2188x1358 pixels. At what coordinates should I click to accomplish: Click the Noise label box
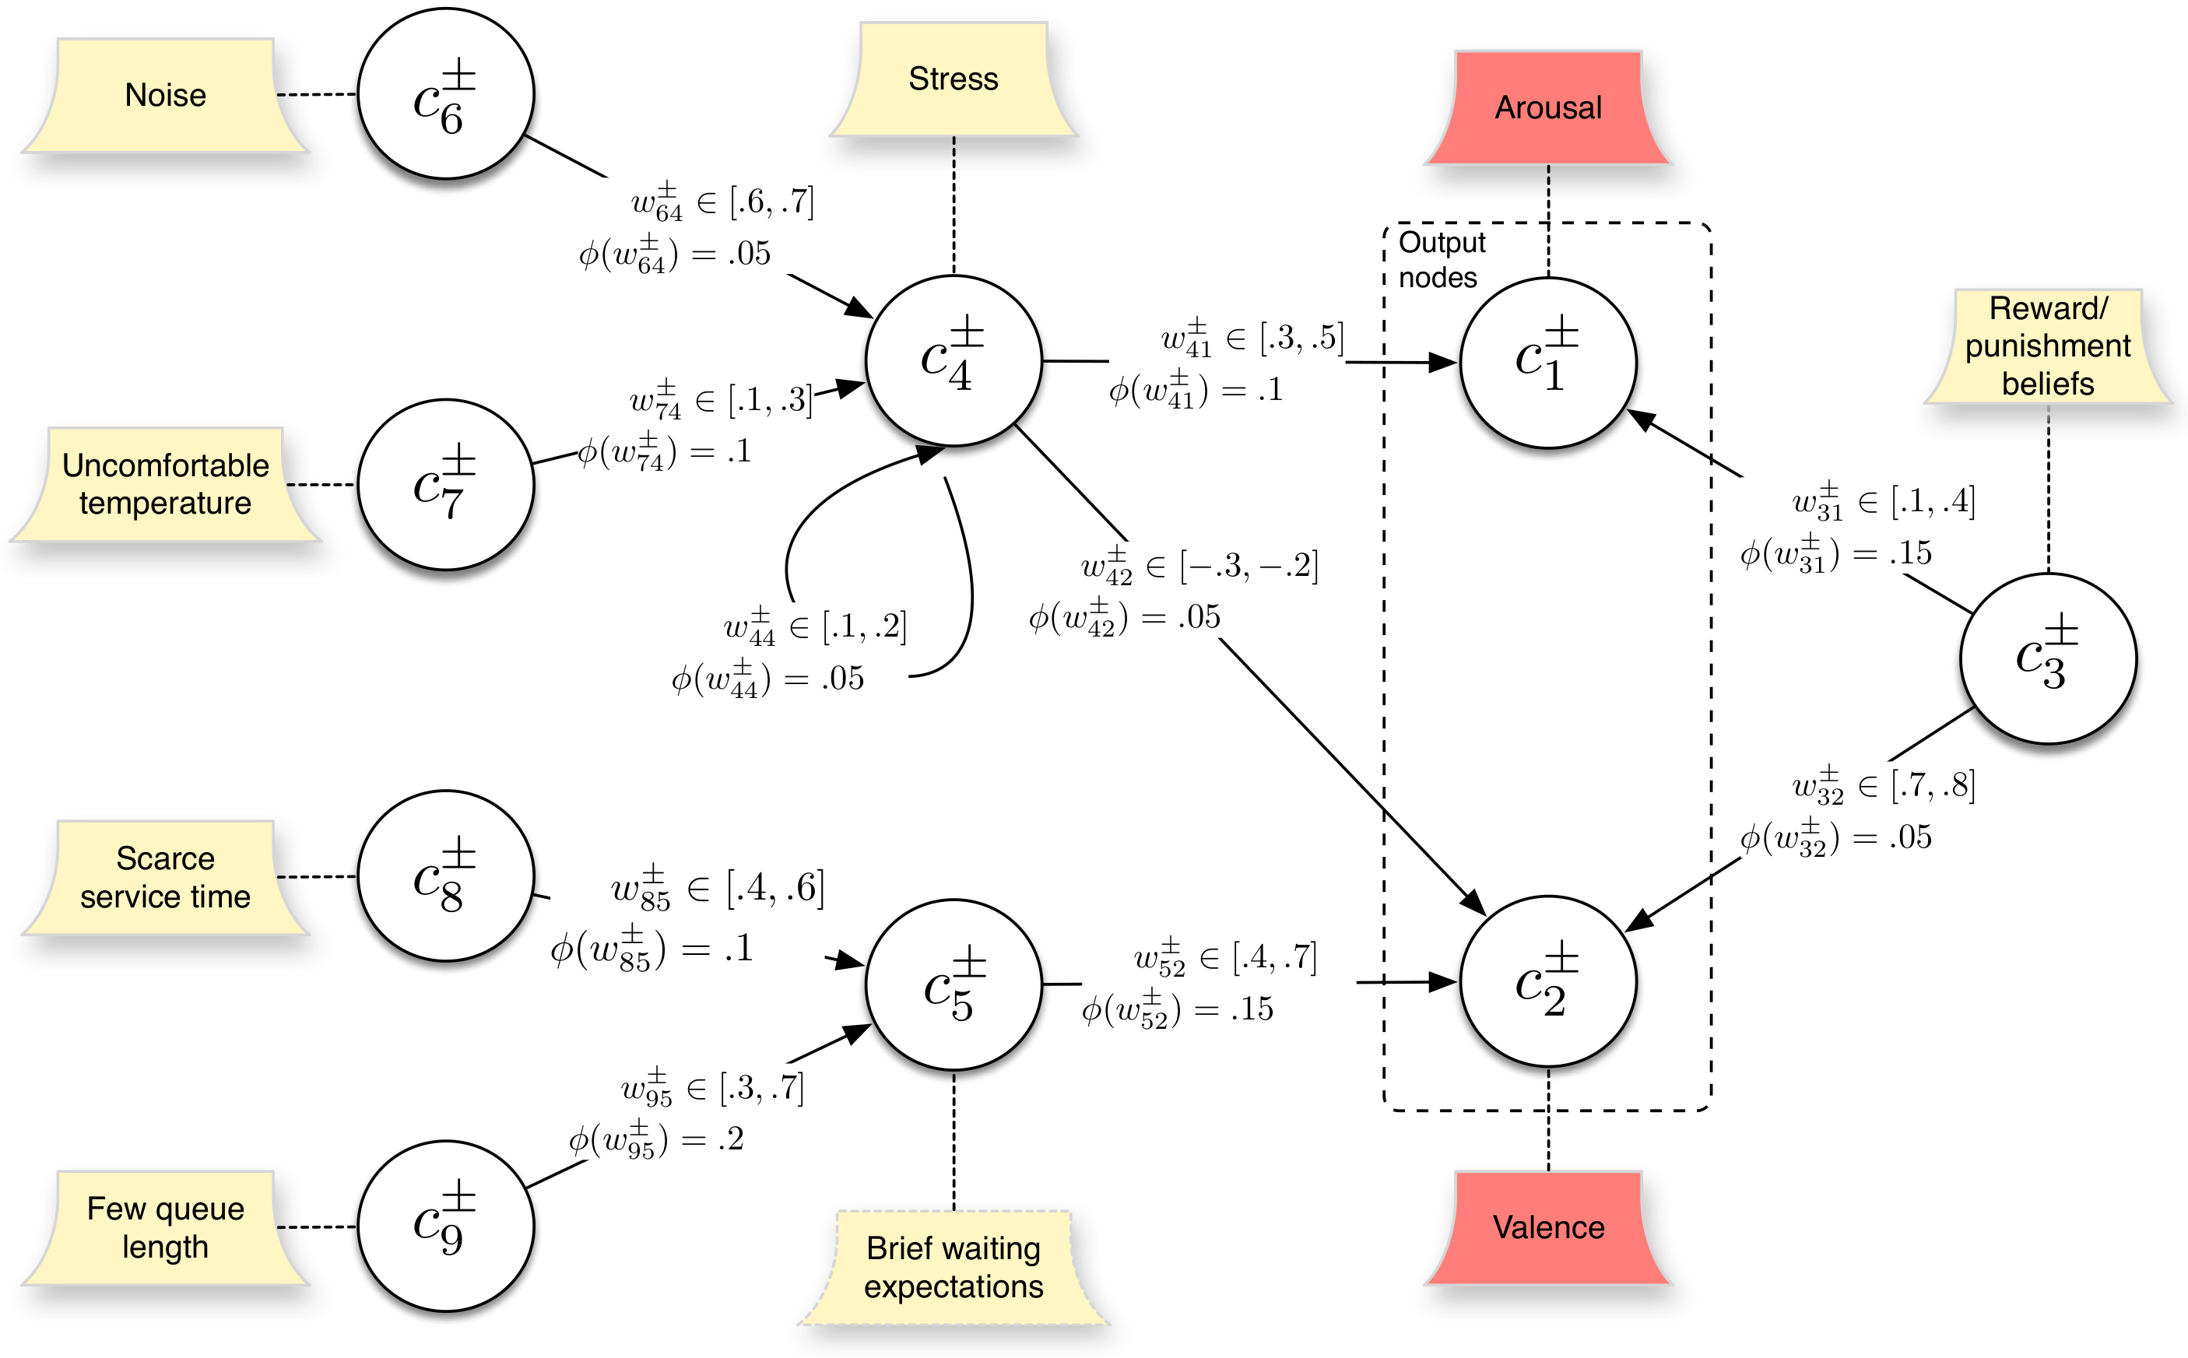pyautogui.click(x=165, y=95)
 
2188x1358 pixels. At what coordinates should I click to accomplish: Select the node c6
pyautogui.click(x=445, y=93)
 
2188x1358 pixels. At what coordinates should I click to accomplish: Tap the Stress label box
pyautogui.click(x=953, y=79)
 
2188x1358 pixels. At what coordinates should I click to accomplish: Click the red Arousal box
pyautogui.click(x=1547, y=107)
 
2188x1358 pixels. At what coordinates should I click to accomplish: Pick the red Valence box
pyautogui.click(x=1547, y=1227)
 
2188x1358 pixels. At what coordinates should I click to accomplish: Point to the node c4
pyautogui.click(x=953, y=360)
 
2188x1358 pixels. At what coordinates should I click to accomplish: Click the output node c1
pyautogui.click(x=1547, y=362)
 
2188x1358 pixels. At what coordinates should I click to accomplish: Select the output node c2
pyautogui.click(x=1547, y=981)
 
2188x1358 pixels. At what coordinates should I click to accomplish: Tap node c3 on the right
pyautogui.click(x=2048, y=658)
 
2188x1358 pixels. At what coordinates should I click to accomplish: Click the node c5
pyautogui.click(x=953, y=985)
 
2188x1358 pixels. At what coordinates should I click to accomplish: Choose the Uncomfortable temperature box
pyautogui.click(x=165, y=484)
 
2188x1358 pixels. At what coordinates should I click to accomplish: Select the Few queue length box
pyautogui.click(x=165, y=1227)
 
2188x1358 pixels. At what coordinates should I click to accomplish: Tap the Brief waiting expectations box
pyautogui.click(x=953, y=1266)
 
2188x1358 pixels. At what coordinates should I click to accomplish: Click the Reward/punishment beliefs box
pyautogui.click(x=2048, y=346)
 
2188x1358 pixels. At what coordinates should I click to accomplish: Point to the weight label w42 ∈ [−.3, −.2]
pyautogui.click(x=1200, y=566)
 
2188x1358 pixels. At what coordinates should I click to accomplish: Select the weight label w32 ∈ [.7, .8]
pyautogui.click(x=1884, y=785)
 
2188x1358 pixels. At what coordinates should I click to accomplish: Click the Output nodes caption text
pyautogui.click(x=1441, y=260)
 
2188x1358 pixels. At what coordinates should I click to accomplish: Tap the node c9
pyautogui.click(x=445, y=1226)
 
